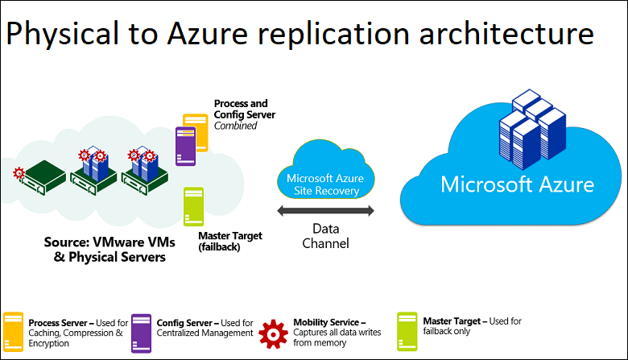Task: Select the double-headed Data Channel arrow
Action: [x=325, y=211]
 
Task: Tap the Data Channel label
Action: [x=325, y=234]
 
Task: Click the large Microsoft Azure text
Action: [x=517, y=185]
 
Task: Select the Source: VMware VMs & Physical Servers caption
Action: [x=105, y=250]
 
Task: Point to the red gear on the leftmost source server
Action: [x=19, y=172]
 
